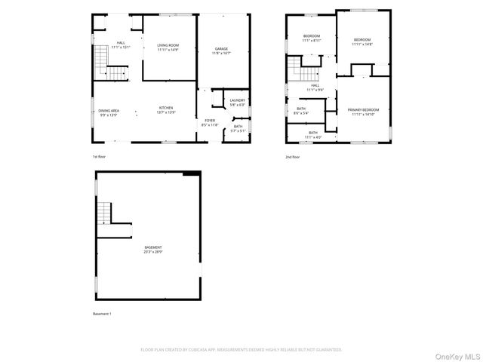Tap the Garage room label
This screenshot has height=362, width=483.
(x=220, y=51)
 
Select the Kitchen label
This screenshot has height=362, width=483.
(x=166, y=110)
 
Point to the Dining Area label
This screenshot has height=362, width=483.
(x=109, y=113)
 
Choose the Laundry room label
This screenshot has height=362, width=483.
(x=237, y=102)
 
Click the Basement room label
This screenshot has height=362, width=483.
(x=153, y=250)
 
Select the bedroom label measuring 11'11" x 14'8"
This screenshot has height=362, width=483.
(x=363, y=42)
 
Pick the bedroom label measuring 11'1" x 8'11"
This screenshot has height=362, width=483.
(x=312, y=38)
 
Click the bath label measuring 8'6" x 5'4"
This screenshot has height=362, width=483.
(x=301, y=111)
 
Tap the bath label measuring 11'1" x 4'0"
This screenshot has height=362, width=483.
(x=313, y=135)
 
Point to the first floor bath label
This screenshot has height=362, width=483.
(x=238, y=128)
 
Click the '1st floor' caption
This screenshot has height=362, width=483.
(x=99, y=157)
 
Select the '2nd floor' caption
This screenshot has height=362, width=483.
(x=293, y=157)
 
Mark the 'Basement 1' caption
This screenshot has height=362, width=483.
(x=102, y=313)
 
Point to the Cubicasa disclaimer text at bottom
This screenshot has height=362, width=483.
(x=241, y=350)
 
